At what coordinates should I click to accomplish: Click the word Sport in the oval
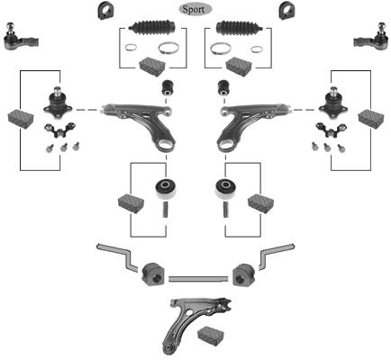(194, 9)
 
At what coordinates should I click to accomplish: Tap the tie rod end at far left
(20, 39)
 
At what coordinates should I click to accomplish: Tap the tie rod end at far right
(371, 38)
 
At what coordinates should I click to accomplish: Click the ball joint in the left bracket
(57, 102)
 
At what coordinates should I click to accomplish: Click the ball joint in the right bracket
(333, 102)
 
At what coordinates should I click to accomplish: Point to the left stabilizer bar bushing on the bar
(153, 274)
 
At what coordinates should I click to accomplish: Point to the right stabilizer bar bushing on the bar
(243, 274)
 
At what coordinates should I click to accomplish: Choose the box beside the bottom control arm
(211, 336)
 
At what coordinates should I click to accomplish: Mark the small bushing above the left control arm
(167, 87)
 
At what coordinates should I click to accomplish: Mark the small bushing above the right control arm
(223, 87)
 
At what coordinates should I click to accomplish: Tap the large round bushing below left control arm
(166, 189)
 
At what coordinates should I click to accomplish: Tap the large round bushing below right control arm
(226, 189)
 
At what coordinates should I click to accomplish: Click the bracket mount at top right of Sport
(287, 11)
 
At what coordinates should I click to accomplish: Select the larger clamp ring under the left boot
(168, 49)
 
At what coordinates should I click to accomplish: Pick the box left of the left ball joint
(21, 119)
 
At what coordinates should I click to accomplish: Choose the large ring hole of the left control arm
(165, 145)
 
